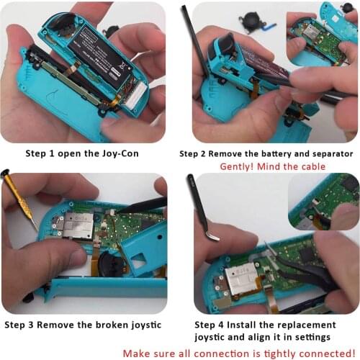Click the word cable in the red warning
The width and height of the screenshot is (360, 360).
coord(311,167)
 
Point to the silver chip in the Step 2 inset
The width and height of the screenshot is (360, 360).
coord(315,32)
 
